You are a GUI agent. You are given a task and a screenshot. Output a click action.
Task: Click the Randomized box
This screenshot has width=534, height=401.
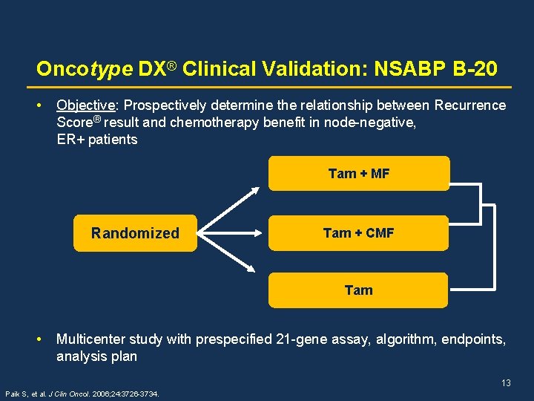pos(135,233)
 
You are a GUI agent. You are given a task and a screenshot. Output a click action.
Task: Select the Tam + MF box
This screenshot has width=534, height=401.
pos(358,174)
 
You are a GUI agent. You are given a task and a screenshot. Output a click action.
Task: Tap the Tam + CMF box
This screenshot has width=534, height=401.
pos(358,233)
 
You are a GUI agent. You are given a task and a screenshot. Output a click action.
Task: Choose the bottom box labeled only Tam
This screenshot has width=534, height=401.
pos(358,290)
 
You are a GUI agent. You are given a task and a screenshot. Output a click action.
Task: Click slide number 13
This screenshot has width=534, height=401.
pos(506,383)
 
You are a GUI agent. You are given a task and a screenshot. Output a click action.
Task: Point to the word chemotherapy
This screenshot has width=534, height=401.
pos(215,123)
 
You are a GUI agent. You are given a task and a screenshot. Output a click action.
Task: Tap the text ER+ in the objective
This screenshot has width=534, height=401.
pos(70,140)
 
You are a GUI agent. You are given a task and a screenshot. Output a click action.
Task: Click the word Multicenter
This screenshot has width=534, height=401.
pos(90,339)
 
